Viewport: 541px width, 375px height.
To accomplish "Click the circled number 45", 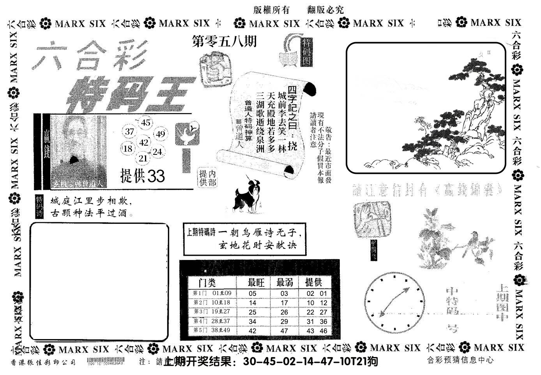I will pyautogui.click(x=146, y=123).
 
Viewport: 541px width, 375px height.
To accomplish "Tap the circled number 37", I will pyautogui.click(x=130, y=132).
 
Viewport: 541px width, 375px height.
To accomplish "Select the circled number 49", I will pyautogui.click(x=160, y=134).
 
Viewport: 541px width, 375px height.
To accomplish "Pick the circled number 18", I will pyautogui.click(x=127, y=149).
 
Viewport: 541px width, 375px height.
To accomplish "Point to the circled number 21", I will pyautogui.click(x=143, y=158).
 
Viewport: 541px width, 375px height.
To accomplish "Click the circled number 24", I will pyautogui.click(x=157, y=152).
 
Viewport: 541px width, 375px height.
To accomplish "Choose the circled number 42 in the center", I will pyautogui.click(x=144, y=142).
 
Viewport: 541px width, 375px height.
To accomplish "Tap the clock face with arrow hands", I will pyautogui.click(x=394, y=302).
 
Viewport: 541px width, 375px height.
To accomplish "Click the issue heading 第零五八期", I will pyautogui.click(x=225, y=41).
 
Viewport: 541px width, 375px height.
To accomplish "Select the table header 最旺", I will pyautogui.click(x=256, y=282).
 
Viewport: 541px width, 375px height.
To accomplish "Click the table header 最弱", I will pyautogui.click(x=285, y=282).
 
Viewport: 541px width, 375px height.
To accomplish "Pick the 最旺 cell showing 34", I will pyautogui.click(x=253, y=322).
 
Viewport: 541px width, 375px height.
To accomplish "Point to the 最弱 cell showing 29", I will pyautogui.click(x=284, y=322).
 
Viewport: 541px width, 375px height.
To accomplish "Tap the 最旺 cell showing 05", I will pyautogui.click(x=253, y=294).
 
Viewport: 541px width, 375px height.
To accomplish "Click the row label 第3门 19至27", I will pyautogui.click(x=212, y=312).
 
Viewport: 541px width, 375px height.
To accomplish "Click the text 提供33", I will pyautogui.click(x=143, y=176).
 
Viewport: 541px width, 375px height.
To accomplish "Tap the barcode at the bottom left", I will pyautogui.click(x=106, y=361).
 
